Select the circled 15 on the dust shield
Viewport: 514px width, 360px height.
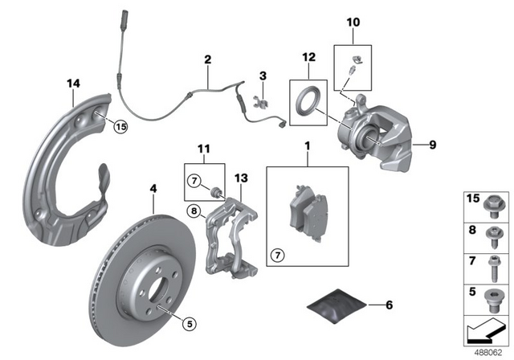tap(120, 125)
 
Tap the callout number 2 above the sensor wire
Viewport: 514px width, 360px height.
tap(207, 59)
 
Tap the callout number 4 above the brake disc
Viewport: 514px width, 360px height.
tap(151, 190)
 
